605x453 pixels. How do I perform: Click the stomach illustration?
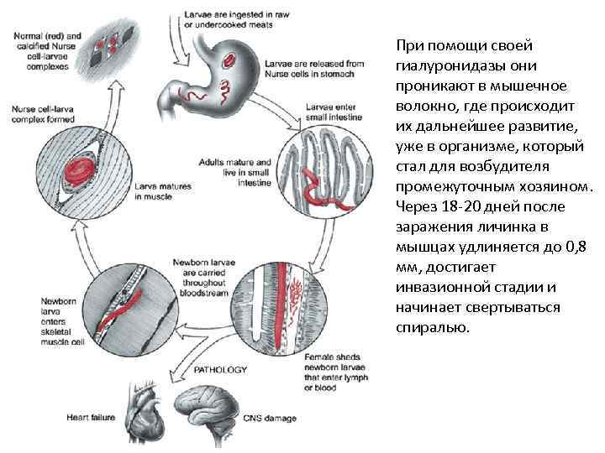coord(223,71)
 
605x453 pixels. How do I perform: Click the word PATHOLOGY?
coord(220,368)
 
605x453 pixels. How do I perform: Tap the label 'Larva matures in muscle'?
coord(165,190)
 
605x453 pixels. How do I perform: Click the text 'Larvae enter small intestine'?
coord(334,113)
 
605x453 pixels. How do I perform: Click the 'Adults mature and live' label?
coord(235,167)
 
